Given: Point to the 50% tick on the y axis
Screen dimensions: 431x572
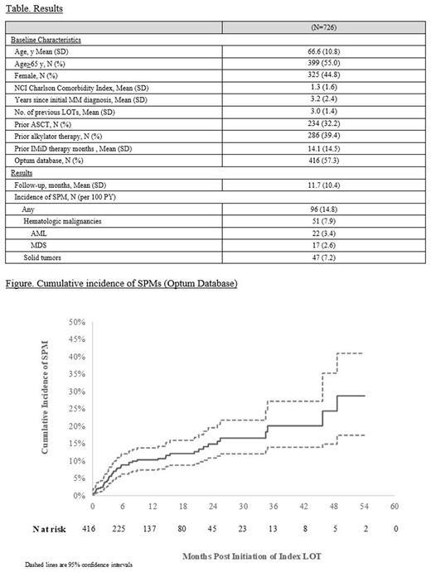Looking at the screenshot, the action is [x=78, y=321].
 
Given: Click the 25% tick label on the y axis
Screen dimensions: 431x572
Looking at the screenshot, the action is [x=78, y=409].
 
